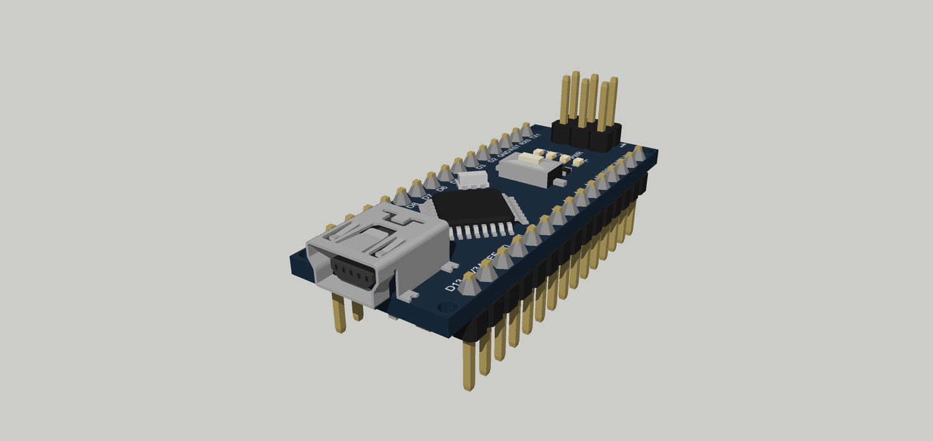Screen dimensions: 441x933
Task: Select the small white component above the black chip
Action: click(x=473, y=180)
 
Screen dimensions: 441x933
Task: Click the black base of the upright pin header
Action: click(x=586, y=134)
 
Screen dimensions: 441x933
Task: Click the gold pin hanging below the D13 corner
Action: click(x=469, y=365)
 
